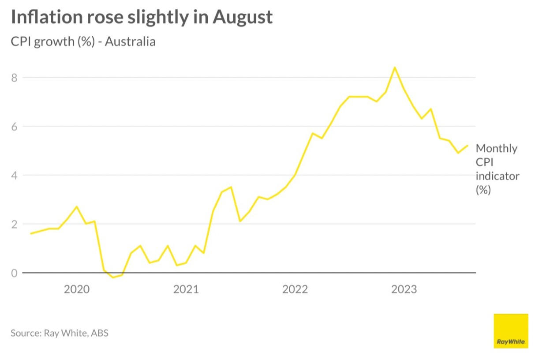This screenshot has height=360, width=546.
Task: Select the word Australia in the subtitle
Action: coord(130,42)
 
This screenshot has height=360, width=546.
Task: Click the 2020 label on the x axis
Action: coord(76,289)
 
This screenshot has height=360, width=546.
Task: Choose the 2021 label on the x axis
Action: coord(186,289)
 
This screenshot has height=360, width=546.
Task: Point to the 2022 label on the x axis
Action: coord(295,289)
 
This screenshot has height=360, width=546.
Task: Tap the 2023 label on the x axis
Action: coord(404,289)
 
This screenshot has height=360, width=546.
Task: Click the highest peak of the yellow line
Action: coord(395,67)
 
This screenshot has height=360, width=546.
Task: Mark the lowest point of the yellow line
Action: coord(113,277)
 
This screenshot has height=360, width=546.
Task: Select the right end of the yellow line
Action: coord(467,146)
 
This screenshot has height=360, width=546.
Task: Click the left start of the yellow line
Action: coord(30,233)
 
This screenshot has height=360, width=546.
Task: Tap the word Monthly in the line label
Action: coord(497,149)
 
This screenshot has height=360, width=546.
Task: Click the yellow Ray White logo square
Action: coord(511,331)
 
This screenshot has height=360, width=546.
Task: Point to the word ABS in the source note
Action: coord(100,333)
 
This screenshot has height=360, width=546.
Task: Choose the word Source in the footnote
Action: coord(25,333)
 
